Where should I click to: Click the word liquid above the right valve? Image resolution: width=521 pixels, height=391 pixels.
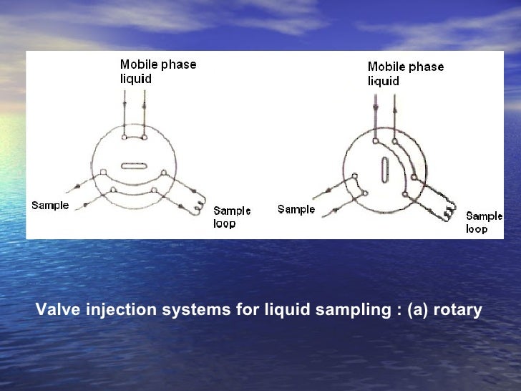(x=383, y=81)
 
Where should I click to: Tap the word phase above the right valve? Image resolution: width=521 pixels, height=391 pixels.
(x=427, y=67)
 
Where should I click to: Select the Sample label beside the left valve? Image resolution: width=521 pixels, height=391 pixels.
(x=50, y=206)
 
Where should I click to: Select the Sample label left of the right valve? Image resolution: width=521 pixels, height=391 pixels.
(x=296, y=209)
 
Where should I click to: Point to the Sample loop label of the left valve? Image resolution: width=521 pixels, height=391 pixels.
(x=232, y=217)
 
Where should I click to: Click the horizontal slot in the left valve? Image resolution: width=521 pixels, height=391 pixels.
(x=134, y=166)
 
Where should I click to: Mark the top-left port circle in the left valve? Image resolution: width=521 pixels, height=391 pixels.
(x=125, y=135)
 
